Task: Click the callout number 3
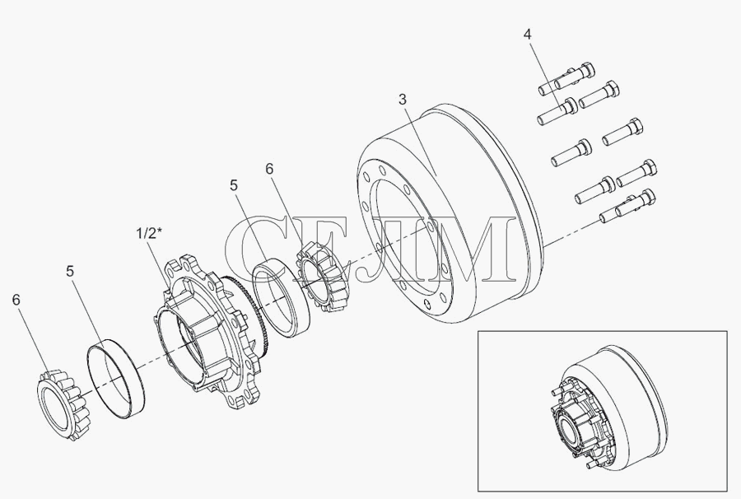402,100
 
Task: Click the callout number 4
528,35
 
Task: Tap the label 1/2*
149,233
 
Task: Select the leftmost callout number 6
17,300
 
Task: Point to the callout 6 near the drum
269,169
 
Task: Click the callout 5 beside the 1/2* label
71,271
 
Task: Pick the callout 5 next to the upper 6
235,186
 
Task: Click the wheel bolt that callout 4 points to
557,111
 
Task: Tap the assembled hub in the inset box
574,423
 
